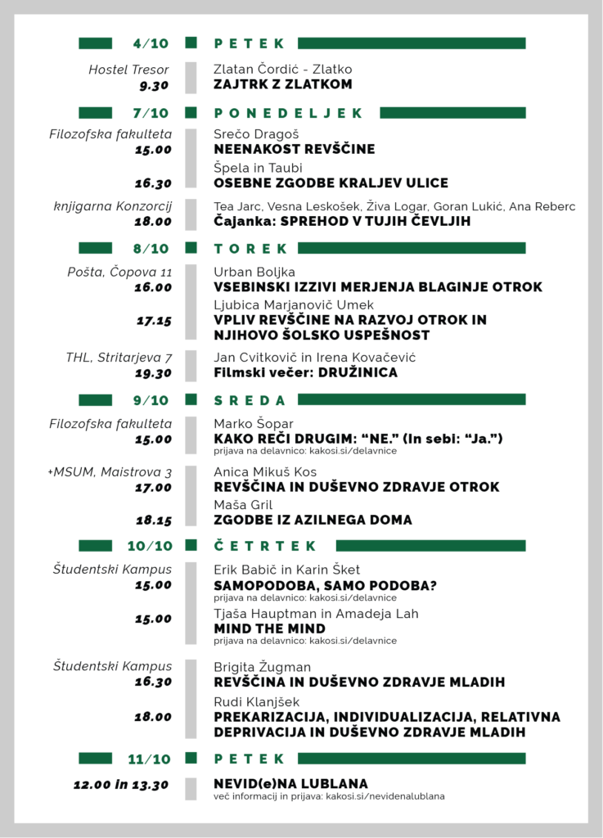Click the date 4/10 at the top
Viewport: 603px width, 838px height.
[151, 43]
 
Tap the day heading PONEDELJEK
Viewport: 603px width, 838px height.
[288, 113]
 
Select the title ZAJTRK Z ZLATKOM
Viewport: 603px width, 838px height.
[282, 84]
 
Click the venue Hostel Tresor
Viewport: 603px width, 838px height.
[129, 70]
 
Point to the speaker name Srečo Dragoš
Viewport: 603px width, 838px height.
[256, 134]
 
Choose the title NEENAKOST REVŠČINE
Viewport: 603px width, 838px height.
[294, 149]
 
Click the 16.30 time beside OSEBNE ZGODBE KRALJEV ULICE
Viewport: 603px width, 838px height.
[154, 183]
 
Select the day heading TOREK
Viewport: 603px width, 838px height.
[250, 248]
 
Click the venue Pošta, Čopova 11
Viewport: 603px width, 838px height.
[119, 272]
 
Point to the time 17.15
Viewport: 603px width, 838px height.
[154, 321]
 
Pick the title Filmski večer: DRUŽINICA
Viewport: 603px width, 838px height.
[305, 372]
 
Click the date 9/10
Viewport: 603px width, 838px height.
[151, 400]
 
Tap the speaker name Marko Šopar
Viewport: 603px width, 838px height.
[253, 424]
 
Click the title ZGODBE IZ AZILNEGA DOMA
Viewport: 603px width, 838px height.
[313, 520]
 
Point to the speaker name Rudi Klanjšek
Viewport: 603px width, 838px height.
[256, 702]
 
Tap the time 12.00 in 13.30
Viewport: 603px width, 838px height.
[121, 785]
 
